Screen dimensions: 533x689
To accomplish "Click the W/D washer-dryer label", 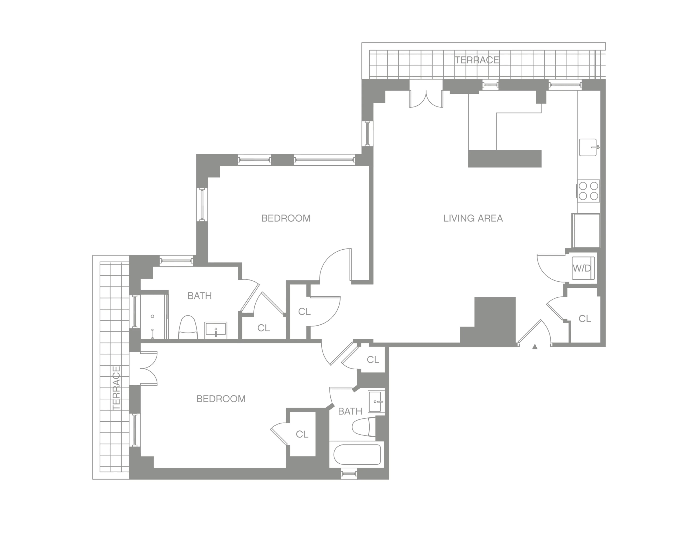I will [x=582, y=268].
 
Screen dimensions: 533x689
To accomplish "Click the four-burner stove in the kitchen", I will [x=588, y=191].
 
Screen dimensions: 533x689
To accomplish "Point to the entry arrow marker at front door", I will [x=535, y=347].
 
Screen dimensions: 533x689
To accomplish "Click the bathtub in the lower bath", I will [x=357, y=455].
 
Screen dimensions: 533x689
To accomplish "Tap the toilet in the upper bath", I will [x=188, y=328].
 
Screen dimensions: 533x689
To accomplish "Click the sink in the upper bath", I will [x=216, y=330].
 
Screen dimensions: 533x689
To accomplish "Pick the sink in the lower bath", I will [x=376, y=402].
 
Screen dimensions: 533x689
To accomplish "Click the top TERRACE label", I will [x=477, y=60].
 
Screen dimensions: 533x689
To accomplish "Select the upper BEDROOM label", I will [x=286, y=218].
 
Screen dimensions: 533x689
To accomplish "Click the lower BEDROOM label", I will [x=221, y=399].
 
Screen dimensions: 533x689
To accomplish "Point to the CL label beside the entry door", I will [x=585, y=319].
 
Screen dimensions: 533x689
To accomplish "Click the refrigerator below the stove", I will [x=586, y=231].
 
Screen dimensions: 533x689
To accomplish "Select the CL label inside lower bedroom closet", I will [x=302, y=435].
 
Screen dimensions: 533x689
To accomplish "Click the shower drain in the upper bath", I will [x=152, y=316].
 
